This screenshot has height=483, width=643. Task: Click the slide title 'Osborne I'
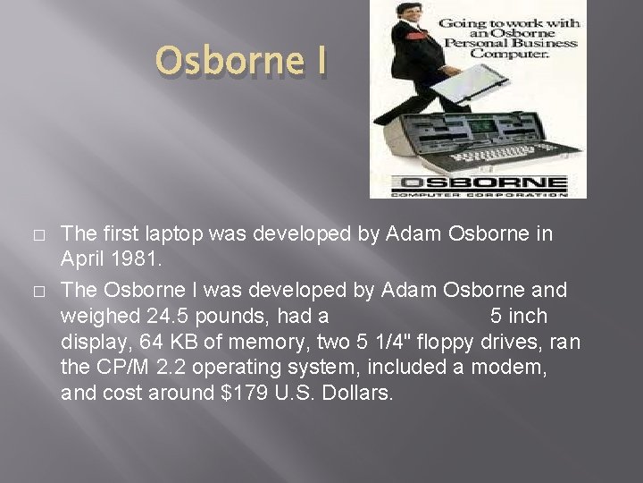pos(242,61)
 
